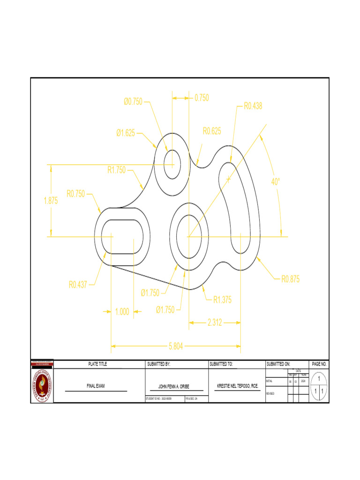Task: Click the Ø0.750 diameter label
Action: click(133, 102)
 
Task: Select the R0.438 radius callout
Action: click(253, 106)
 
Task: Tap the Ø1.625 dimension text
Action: click(126, 133)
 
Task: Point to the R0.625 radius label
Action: click(212, 131)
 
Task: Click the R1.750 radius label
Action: click(117, 170)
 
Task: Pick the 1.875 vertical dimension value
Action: click(51, 201)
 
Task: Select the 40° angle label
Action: click(276, 181)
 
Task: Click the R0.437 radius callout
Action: click(78, 284)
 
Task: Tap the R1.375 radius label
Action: click(223, 300)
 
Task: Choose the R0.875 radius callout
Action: click(290, 280)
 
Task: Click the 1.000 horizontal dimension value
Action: click(122, 311)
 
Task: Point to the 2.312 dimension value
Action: click(215, 322)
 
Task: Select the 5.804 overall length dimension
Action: click(176, 346)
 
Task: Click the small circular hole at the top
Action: click(172, 165)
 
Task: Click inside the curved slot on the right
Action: click(242, 206)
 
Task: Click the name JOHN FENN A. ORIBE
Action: click(177, 387)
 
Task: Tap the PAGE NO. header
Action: click(319, 364)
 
